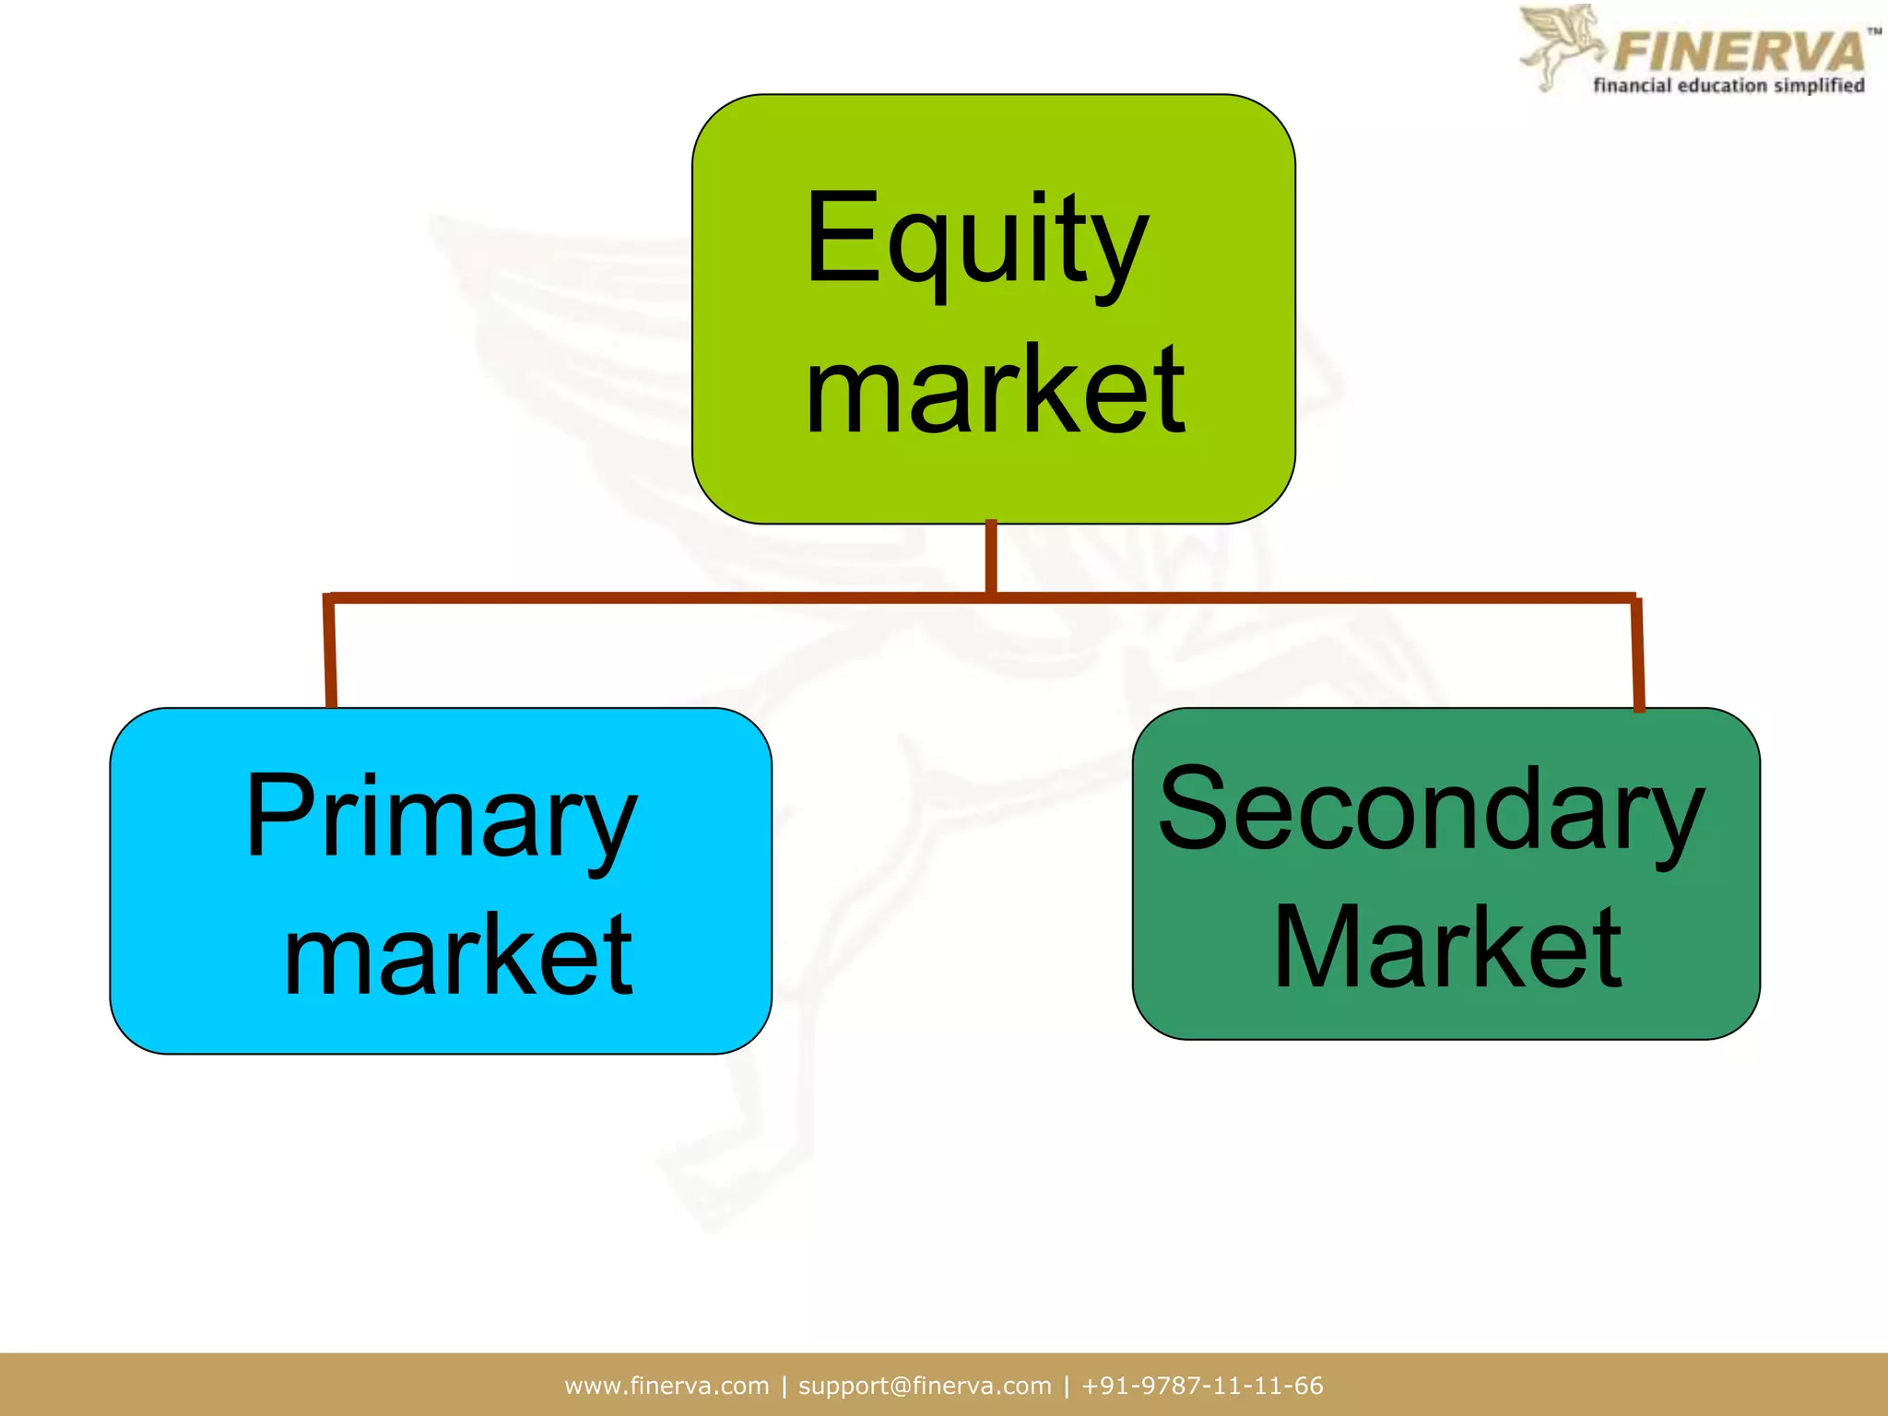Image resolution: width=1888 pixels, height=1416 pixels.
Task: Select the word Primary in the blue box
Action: pos(441,817)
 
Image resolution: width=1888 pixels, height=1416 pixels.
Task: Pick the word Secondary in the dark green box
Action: pos(1431,811)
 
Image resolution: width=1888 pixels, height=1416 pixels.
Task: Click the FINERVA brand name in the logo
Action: pos(1739,52)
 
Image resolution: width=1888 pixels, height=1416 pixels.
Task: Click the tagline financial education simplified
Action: pos(1729,86)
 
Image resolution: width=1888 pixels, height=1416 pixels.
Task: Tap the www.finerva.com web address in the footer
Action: pos(667,1386)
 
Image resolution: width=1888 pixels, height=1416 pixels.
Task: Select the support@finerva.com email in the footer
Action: pos(924,1386)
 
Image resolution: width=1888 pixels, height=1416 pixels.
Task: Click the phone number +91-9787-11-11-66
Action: pos(1202,1386)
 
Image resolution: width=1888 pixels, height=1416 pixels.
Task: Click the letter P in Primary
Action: pos(277,815)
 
